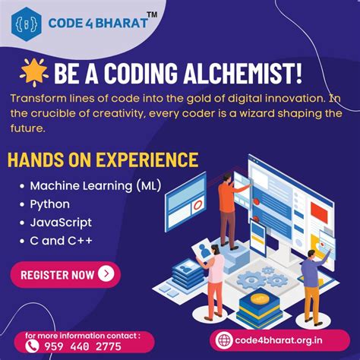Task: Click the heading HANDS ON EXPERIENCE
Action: [x=103, y=160]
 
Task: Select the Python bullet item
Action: [x=49, y=204]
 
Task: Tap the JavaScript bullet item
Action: [x=61, y=223]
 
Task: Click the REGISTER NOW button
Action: [x=65, y=274]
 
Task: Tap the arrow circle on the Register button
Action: [x=106, y=274]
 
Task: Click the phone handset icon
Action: [x=33, y=346]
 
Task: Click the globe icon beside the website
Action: [x=223, y=339]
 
